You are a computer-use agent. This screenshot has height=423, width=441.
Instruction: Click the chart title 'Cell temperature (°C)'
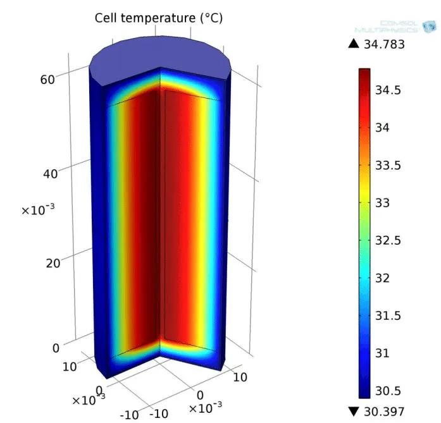click(158, 18)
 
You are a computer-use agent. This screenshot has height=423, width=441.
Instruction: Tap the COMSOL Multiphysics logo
click(398, 26)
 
